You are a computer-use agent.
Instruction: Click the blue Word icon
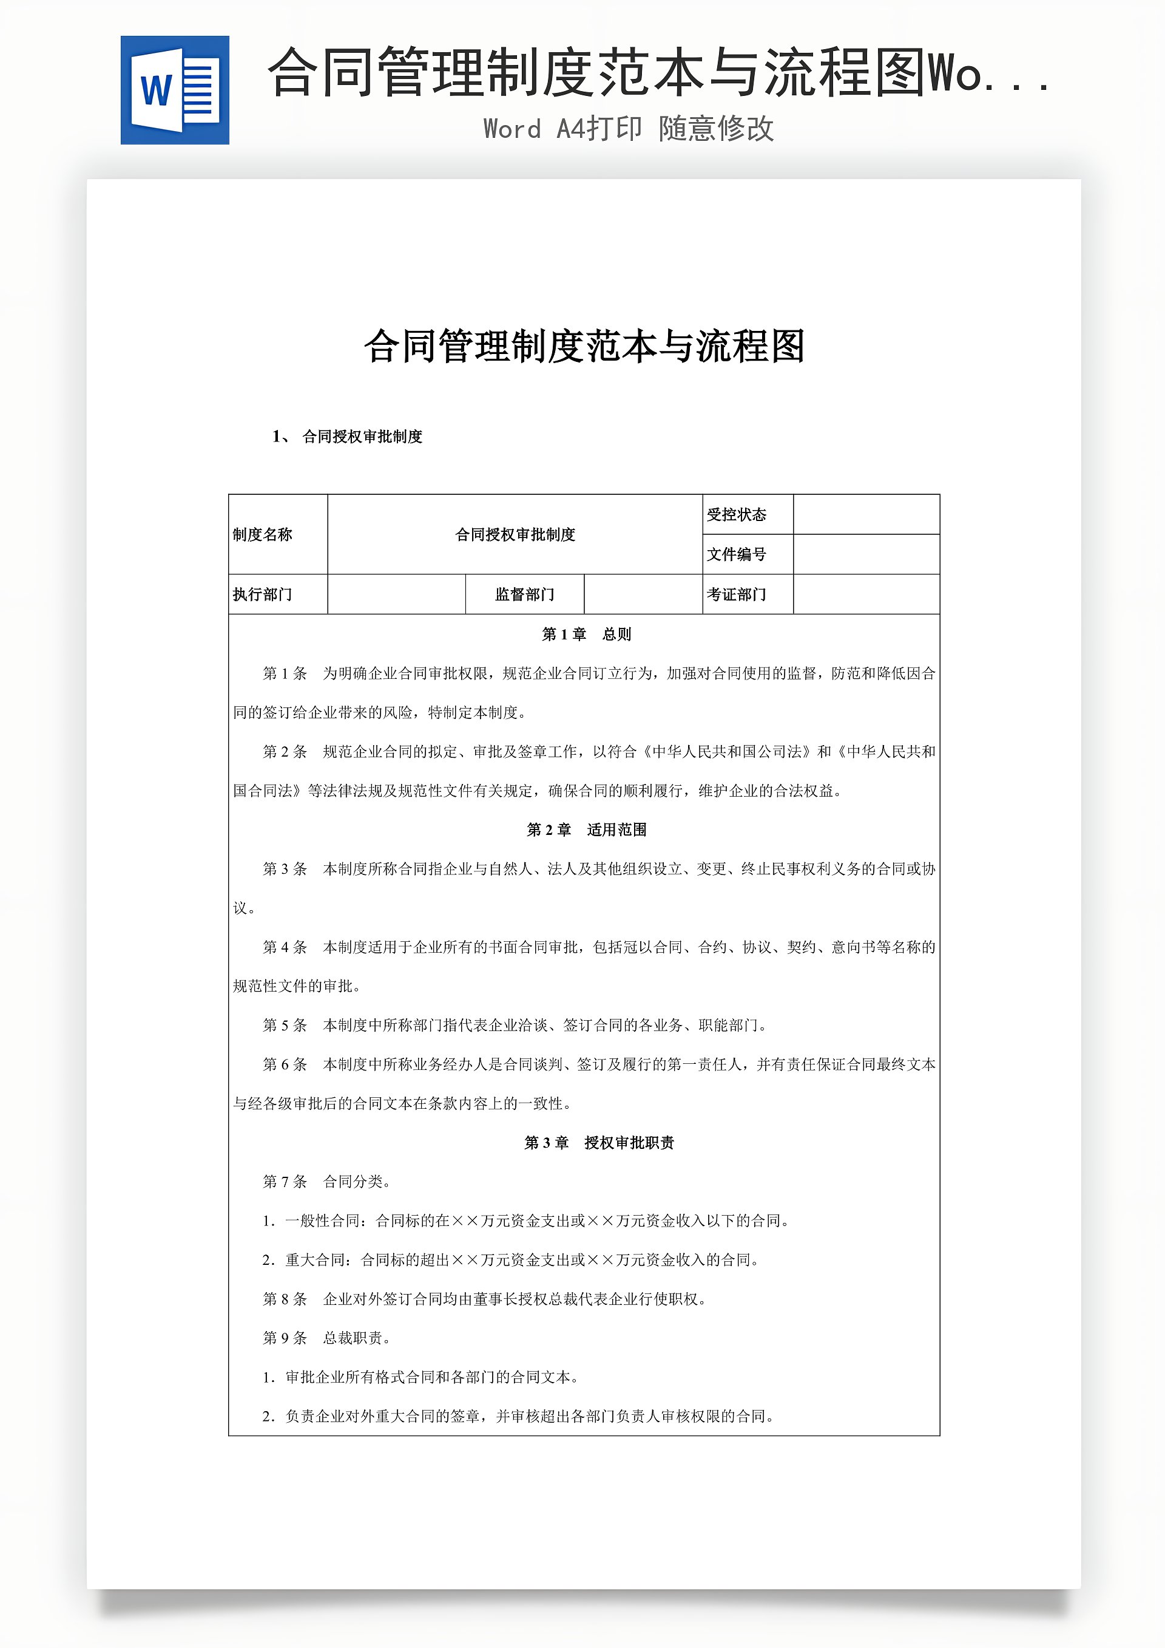pyautogui.click(x=174, y=90)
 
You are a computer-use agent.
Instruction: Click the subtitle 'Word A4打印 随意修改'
pyautogui.click(x=629, y=129)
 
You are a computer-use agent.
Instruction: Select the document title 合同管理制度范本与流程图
pyautogui.click(x=584, y=346)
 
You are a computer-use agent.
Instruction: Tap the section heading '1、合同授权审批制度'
pyautogui.click(x=348, y=437)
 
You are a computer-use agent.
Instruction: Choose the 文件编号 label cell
pyautogui.click(x=737, y=554)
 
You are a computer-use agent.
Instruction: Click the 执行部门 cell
pyautogui.click(x=263, y=594)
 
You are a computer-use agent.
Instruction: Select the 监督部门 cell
pyautogui.click(x=524, y=594)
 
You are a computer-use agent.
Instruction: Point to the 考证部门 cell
pyautogui.click(x=737, y=594)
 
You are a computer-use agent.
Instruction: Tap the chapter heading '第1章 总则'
pyautogui.click(x=586, y=635)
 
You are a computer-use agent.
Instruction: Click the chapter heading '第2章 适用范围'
pyautogui.click(x=586, y=829)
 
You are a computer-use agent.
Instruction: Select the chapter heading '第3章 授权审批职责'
pyautogui.click(x=599, y=1143)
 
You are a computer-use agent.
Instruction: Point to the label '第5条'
pyautogui.click(x=285, y=1026)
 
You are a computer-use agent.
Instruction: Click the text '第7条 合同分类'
pyautogui.click(x=326, y=1182)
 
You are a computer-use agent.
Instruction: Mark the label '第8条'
pyautogui.click(x=285, y=1299)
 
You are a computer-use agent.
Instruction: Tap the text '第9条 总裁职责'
pyautogui.click(x=326, y=1338)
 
